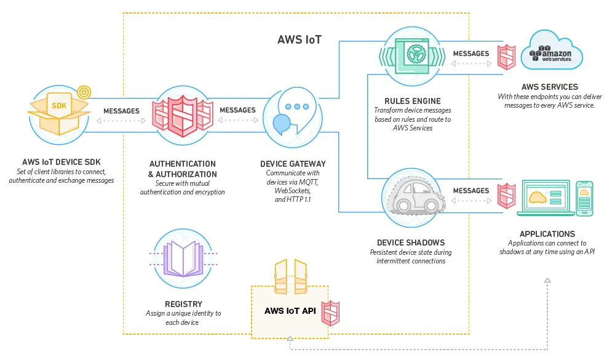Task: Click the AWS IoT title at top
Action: [x=299, y=40]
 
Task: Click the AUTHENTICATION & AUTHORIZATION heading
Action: [x=182, y=169]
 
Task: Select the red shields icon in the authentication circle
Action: [x=183, y=115]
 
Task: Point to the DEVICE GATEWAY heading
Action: [x=293, y=164]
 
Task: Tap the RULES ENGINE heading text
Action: [x=413, y=101]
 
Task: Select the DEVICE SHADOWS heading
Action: [x=411, y=242]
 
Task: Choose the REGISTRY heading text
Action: [x=183, y=304]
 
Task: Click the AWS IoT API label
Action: [x=290, y=311]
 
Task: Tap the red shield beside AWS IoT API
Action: [x=331, y=313]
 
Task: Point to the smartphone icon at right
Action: [x=585, y=198]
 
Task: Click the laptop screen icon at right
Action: [x=546, y=197]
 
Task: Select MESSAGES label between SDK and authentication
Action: [x=121, y=111]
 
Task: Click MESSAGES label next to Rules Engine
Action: [x=470, y=54]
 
